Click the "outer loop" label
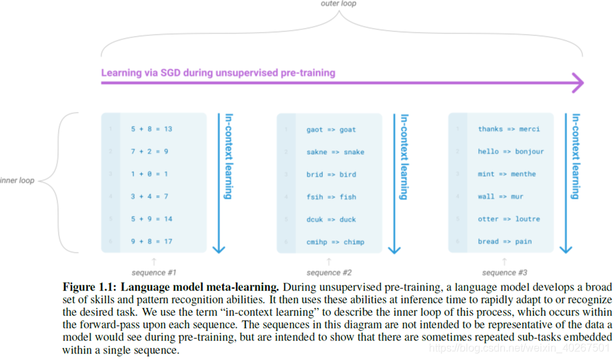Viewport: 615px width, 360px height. pos(339,4)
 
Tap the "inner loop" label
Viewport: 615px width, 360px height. pos(17,180)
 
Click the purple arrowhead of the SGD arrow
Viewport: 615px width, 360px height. pos(577,83)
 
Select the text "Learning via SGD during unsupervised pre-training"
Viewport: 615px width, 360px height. pos(218,73)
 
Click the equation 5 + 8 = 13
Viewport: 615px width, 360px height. pos(151,129)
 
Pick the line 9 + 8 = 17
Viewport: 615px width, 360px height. pos(151,241)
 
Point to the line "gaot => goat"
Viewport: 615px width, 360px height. pos(331,129)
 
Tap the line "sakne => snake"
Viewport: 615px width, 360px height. pos(336,152)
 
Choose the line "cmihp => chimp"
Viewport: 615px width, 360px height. pos(336,242)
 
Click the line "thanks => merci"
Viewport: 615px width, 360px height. pos(509,129)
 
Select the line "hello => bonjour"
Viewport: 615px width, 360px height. pos(511,151)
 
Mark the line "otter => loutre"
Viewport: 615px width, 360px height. pos(509,219)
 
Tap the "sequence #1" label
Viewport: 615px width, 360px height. pos(154,273)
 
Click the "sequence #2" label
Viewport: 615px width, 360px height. pos(329,273)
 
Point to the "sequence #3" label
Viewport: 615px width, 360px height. pos(504,273)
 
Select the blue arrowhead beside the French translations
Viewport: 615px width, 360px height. pos(566,248)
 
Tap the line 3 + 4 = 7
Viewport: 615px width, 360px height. pos(149,197)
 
